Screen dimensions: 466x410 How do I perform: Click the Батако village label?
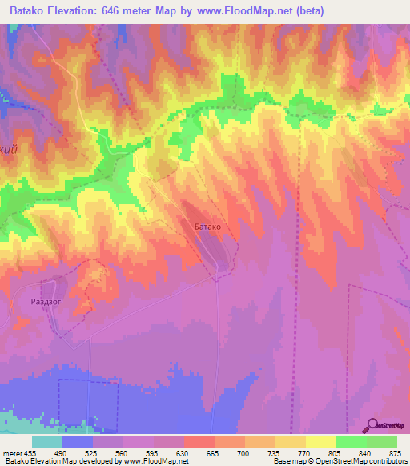(207, 227)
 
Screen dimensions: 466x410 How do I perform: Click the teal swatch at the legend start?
(47, 442)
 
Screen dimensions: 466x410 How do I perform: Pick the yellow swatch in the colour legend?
(320, 442)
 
